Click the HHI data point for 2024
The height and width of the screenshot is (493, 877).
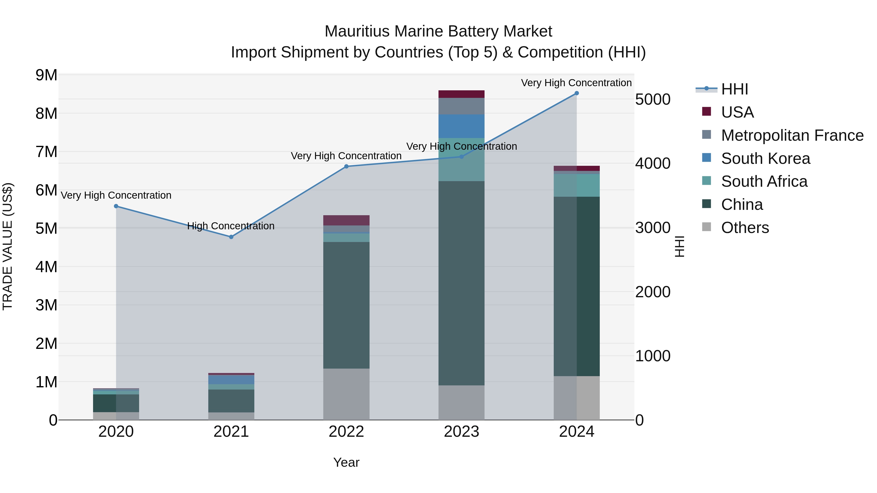coord(576,93)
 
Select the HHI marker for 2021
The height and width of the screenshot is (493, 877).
coord(231,237)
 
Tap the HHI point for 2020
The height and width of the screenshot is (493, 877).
coord(116,206)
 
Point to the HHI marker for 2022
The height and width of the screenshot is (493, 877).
coord(346,166)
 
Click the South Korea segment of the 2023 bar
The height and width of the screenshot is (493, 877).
coord(461,126)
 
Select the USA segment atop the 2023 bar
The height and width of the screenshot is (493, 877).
coord(461,94)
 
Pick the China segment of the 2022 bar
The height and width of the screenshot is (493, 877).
coord(346,305)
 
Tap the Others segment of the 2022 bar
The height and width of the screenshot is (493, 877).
coord(346,394)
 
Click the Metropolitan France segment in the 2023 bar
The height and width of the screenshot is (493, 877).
coord(461,106)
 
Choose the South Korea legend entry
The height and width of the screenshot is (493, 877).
coord(765,158)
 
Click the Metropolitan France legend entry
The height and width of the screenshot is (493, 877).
coord(792,135)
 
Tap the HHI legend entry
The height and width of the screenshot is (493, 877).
coord(734,89)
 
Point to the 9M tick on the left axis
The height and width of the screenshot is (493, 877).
coord(46,75)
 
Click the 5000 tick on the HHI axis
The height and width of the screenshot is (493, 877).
coord(653,99)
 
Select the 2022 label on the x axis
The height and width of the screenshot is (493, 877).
coord(346,432)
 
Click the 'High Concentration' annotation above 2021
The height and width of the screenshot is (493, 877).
coord(231,226)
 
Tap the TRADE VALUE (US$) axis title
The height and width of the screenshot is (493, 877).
coord(8,246)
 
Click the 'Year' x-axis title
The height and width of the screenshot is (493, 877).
coord(346,462)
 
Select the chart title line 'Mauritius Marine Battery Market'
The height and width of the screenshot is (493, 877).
coord(438,31)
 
